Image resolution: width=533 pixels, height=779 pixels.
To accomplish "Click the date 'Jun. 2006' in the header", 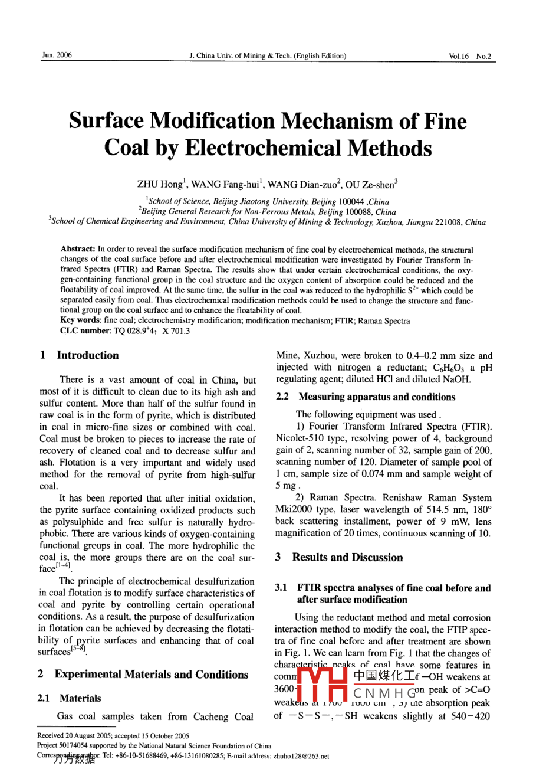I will coord(57,55).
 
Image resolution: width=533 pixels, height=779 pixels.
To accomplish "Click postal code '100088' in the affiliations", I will coord(357,212).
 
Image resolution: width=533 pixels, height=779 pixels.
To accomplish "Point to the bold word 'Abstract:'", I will coord(78,251).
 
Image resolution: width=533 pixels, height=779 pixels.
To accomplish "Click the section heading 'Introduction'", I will coord(87,355).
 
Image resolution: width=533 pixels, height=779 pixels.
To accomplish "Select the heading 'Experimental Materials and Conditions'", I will coord(152,675).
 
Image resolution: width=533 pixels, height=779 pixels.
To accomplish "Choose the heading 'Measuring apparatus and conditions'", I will coord(377,397).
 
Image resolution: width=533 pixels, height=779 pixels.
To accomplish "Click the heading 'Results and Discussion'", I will coord(347,558).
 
